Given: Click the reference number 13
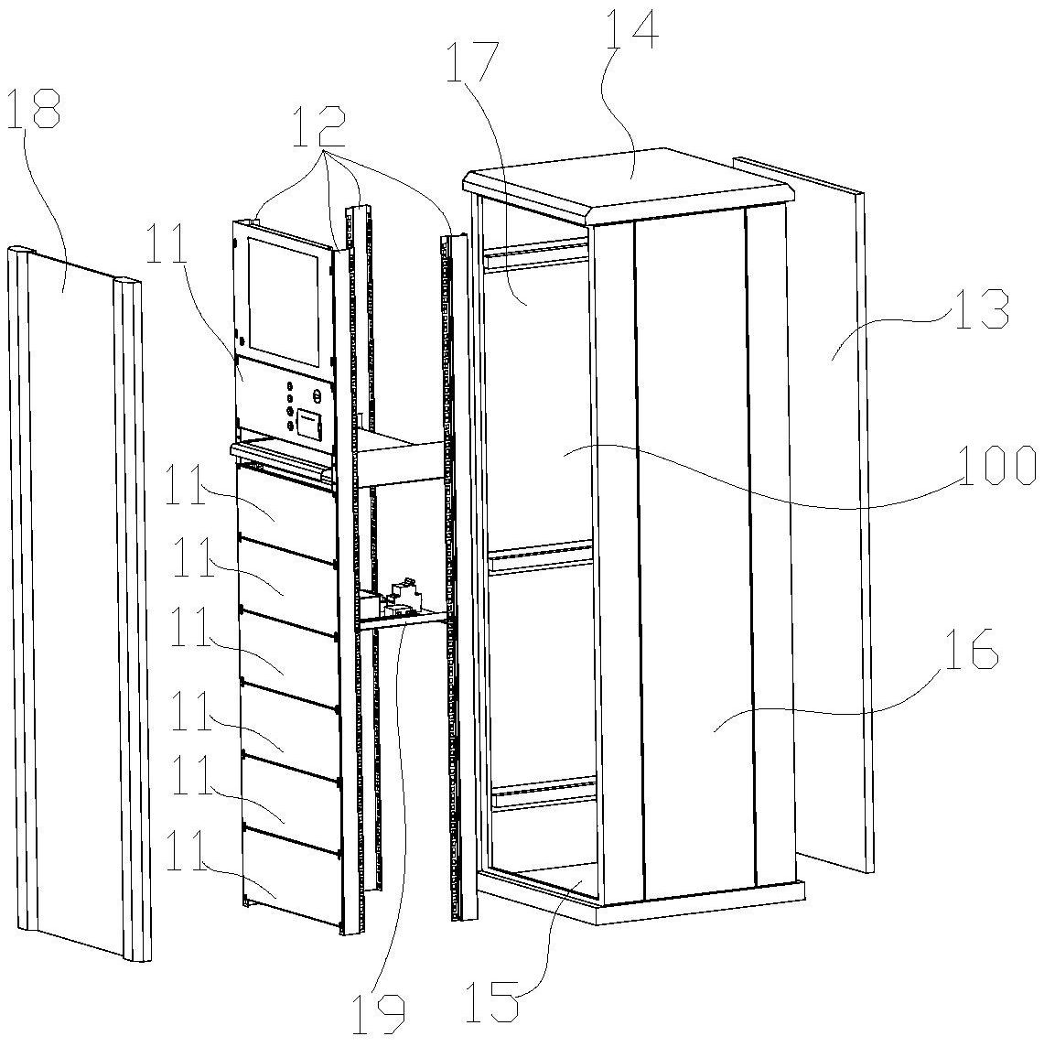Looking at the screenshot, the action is click(979, 308).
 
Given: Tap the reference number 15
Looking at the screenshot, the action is click(493, 1002).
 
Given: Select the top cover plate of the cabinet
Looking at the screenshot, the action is click(631, 182).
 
